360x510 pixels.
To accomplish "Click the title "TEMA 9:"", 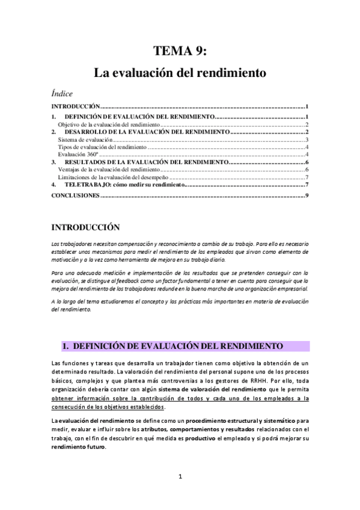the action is pos(180,51).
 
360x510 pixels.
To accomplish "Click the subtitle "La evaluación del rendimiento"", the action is pos(180,73).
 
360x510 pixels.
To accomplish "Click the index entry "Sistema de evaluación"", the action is pos(85,140).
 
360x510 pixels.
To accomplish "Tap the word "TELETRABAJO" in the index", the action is pos(91,186).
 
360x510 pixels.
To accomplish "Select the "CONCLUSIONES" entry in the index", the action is pos(75,196).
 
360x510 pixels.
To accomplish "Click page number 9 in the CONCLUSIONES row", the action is pos(307,196).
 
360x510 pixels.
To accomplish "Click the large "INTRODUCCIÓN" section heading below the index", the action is pos(86,228).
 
